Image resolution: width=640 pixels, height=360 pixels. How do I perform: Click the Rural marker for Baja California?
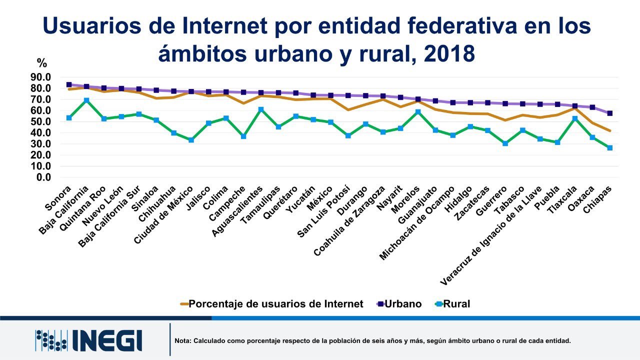[x=86, y=100]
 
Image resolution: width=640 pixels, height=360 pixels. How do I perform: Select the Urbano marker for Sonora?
[x=69, y=85]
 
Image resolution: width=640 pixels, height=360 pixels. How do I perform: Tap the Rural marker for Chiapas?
[x=610, y=148]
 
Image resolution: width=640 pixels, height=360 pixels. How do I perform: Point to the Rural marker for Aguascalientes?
[x=261, y=109]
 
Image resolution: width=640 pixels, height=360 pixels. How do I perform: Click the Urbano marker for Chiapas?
[x=610, y=113]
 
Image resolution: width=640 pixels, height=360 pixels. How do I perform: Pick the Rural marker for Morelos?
[x=418, y=112]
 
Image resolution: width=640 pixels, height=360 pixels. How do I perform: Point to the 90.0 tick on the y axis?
[x=40, y=77]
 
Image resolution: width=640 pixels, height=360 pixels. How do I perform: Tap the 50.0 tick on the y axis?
[x=40, y=121]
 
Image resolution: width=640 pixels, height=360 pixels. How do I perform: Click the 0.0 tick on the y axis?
[x=43, y=177]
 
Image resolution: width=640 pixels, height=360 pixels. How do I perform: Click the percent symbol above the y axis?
[x=41, y=63]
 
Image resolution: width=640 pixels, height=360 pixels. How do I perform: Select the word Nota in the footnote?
[x=183, y=341]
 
